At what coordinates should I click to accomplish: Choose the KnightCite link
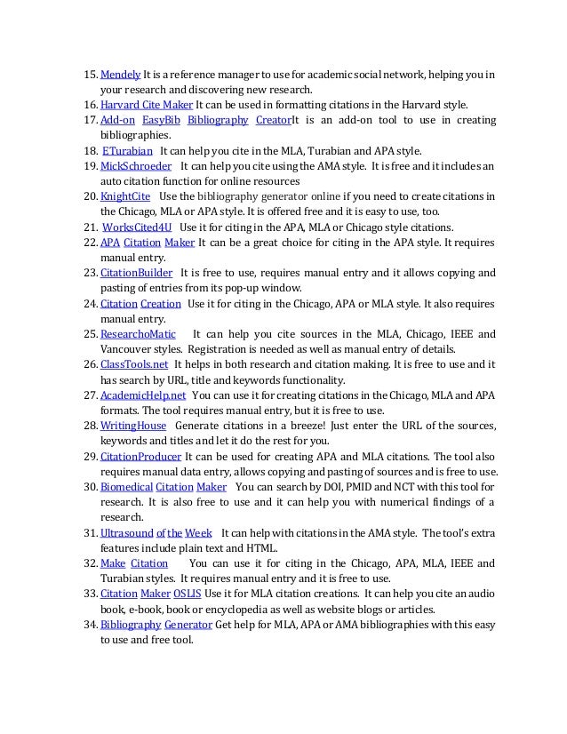coord(125,195)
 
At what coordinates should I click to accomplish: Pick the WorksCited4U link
coord(135,227)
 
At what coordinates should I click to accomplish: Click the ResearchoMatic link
coord(138,334)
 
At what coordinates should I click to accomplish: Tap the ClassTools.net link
coord(134,364)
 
